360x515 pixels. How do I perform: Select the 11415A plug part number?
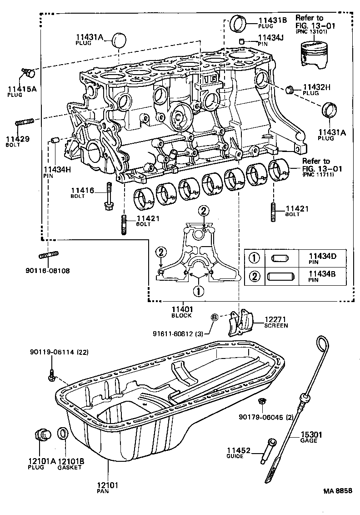click(19, 89)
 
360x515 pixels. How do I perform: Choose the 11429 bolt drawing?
click(25, 122)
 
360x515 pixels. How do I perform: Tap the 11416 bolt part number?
click(82, 190)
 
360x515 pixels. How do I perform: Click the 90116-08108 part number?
click(48, 270)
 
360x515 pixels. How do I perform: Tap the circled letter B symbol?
click(215, 317)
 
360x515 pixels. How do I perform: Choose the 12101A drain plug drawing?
click(43, 434)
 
